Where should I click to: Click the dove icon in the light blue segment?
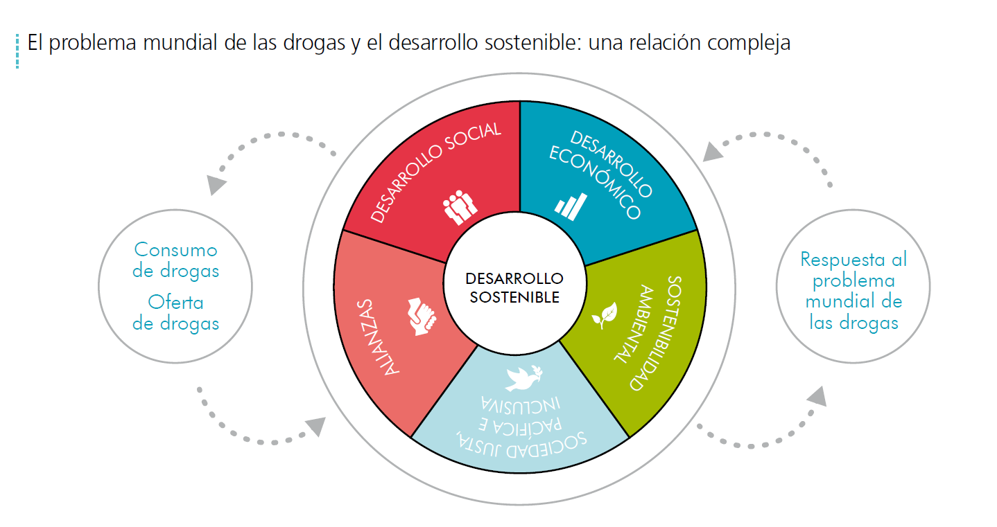524,378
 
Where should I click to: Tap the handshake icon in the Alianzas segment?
422,316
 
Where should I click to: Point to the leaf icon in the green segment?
605,315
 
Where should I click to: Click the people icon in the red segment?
460,207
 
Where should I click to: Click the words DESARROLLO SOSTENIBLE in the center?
514,287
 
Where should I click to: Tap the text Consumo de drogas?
176,260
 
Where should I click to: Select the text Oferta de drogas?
176,313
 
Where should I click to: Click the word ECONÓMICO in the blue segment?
594,182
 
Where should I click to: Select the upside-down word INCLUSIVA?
520,405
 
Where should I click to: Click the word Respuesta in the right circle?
842,260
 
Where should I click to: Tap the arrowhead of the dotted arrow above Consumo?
216,184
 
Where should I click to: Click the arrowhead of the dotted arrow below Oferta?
316,426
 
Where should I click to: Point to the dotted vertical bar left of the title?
17,51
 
